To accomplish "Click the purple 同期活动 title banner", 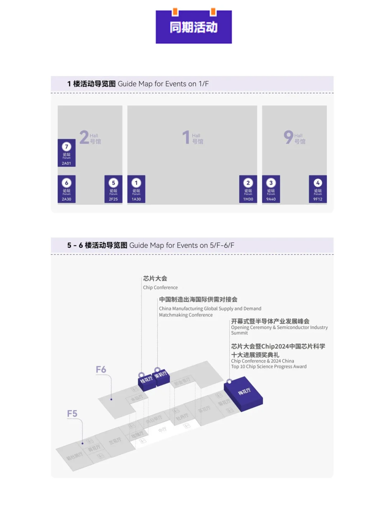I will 193,27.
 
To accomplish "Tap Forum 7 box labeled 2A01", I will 67,153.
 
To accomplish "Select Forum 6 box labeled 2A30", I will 67,189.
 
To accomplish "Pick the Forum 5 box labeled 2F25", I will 113,189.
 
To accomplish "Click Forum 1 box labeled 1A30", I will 136,189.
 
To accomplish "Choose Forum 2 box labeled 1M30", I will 248,189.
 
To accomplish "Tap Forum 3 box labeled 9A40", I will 271,189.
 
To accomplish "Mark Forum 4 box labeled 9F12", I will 318,189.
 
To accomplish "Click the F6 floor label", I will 101,369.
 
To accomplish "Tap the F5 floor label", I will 72,413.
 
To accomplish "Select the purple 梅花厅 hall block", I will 244,393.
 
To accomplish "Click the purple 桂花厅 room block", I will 147,380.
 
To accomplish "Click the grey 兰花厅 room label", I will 115,441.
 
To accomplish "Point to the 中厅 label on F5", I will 162,430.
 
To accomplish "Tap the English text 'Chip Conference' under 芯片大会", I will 160,287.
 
